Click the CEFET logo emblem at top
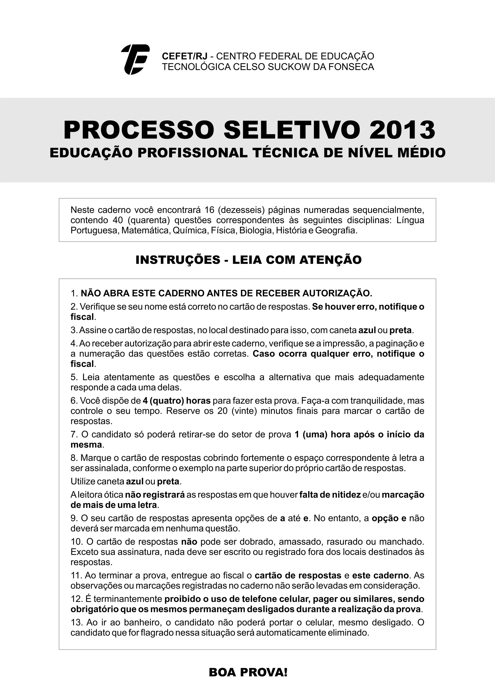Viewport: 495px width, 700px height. tap(135, 59)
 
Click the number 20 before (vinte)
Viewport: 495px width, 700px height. tap(223, 411)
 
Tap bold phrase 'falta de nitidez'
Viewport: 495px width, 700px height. tap(330, 495)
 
